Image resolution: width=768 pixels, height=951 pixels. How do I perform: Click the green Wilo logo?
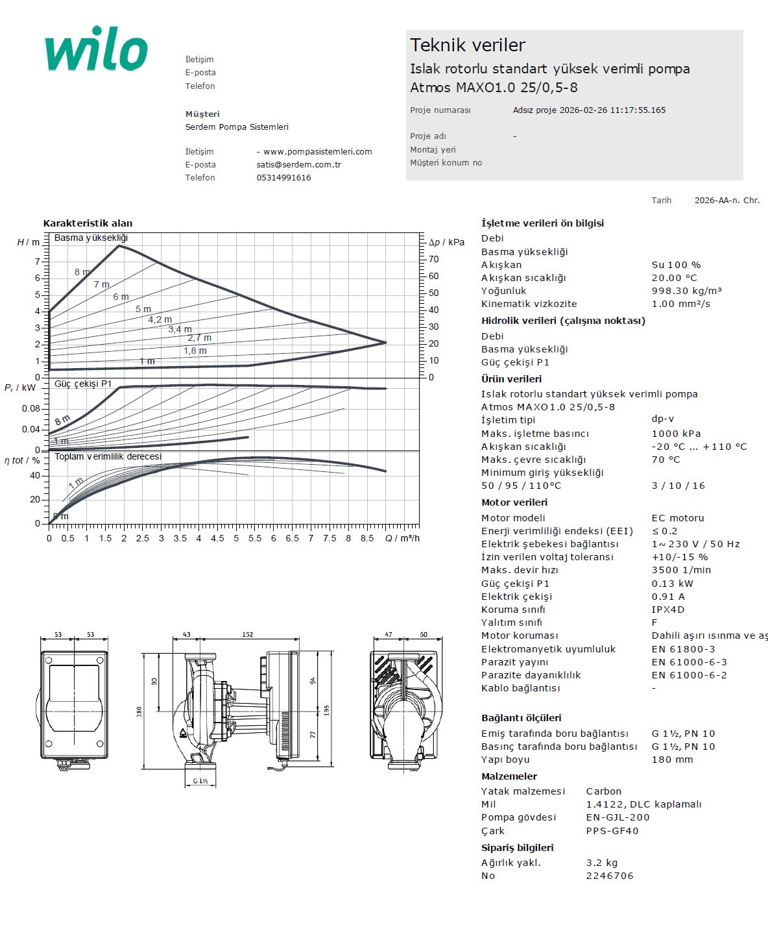[x=96, y=49]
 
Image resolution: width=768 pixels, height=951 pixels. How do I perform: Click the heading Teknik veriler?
[x=467, y=45]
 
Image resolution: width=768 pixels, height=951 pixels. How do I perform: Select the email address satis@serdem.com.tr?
[x=298, y=165]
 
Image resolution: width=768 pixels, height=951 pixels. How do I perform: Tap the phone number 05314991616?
[x=283, y=178]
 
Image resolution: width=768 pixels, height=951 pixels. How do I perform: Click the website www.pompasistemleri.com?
[x=317, y=152]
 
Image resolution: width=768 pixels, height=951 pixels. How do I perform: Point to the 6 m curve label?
[x=121, y=297]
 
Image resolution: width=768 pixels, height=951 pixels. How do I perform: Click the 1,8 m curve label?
[x=195, y=351]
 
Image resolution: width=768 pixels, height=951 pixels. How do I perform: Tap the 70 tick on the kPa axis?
[x=433, y=259]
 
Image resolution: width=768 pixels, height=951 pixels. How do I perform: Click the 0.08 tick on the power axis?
[x=30, y=409]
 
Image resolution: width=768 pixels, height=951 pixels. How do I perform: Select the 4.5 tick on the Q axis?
[x=217, y=538]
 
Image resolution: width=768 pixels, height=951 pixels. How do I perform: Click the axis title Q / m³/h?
[x=402, y=538]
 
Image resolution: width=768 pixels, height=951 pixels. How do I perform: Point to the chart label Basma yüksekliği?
[x=91, y=238]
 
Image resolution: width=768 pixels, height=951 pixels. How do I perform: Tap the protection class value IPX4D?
[x=668, y=610]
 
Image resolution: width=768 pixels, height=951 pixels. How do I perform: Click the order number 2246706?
[x=610, y=876]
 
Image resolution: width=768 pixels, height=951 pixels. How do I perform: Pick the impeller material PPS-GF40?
[x=612, y=831]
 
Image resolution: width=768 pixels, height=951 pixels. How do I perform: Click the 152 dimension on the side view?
[x=248, y=634]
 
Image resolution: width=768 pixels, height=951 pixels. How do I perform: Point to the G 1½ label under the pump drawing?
[x=200, y=781]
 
